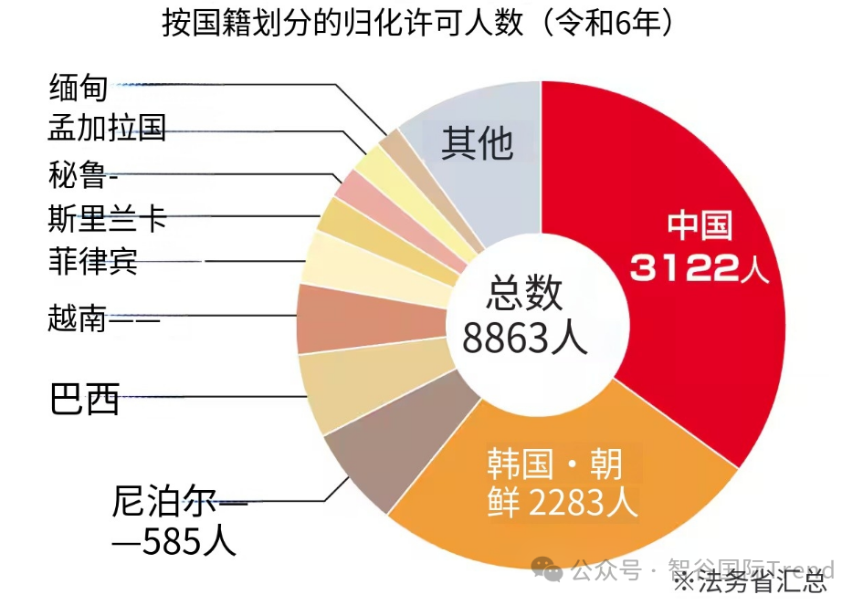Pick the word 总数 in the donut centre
pos(524,294)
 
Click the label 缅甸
pos(78,88)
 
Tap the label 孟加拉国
pos(107,128)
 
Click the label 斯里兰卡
pos(107,219)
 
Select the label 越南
pos(78,319)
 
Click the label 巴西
pos(84,399)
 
